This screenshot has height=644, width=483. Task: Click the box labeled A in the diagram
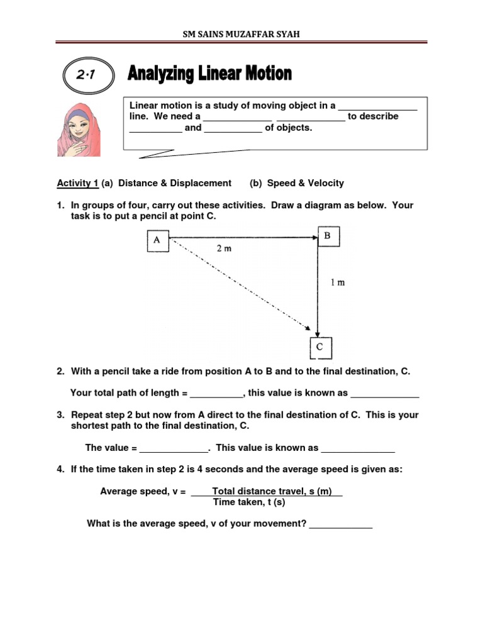(x=158, y=241)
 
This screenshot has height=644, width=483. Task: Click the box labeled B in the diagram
(x=328, y=236)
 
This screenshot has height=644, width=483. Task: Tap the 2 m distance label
(x=225, y=248)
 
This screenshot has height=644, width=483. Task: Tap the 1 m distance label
(x=338, y=282)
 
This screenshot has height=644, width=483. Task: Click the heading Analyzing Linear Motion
(x=209, y=74)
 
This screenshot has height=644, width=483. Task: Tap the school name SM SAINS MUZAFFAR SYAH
(x=241, y=34)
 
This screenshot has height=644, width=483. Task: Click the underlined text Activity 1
(x=77, y=183)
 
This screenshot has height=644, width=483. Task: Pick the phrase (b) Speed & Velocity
(x=297, y=183)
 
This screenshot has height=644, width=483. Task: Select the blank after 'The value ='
(x=173, y=449)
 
